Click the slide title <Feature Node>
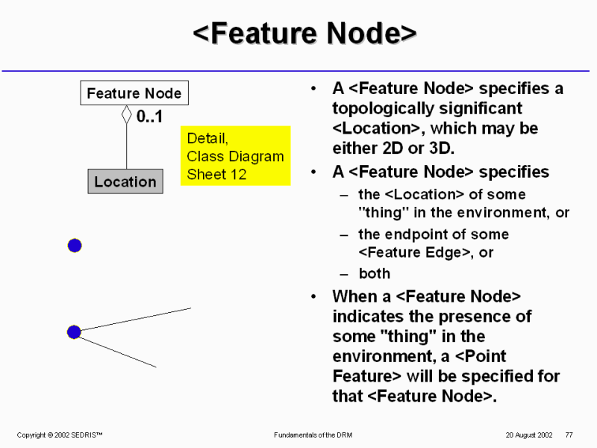pyautogui.click(x=304, y=34)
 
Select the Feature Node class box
pyautogui.click(x=134, y=93)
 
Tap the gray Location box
pyautogui.click(x=125, y=181)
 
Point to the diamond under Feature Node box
pyautogui.click(x=126, y=116)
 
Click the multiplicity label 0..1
pyautogui.click(x=149, y=117)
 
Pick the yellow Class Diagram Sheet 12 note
pyautogui.click(x=235, y=156)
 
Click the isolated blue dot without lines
pyautogui.click(x=75, y=245)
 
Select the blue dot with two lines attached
pyautogui.click(x=74, y=332)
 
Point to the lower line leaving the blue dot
pyautogui.click(x=119, y=352)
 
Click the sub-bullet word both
pyautogui.click(x=375, y=274)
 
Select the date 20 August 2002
pyautogui.click(x=528, y=435)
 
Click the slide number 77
pyautogui.click(x=569, y=435)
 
